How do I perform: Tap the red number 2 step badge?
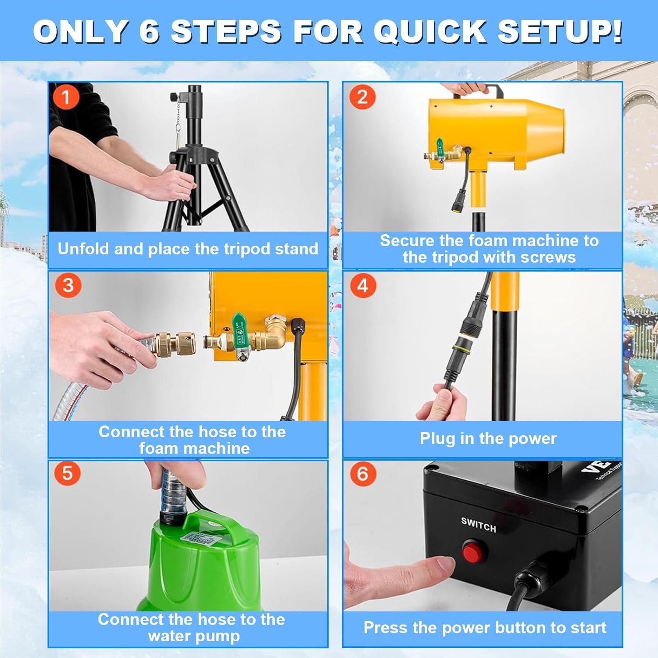(362, 97)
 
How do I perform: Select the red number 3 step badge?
(68, 285)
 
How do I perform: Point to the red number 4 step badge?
(363, 285)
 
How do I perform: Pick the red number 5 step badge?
(67, 473)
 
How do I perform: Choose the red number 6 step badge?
(363, 474)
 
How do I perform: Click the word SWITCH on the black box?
(479, 524)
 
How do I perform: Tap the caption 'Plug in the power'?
(488, 438)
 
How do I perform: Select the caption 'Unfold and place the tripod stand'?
(188, 249)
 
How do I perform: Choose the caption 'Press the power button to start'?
(485, 628)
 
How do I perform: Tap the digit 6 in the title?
(149, 32)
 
